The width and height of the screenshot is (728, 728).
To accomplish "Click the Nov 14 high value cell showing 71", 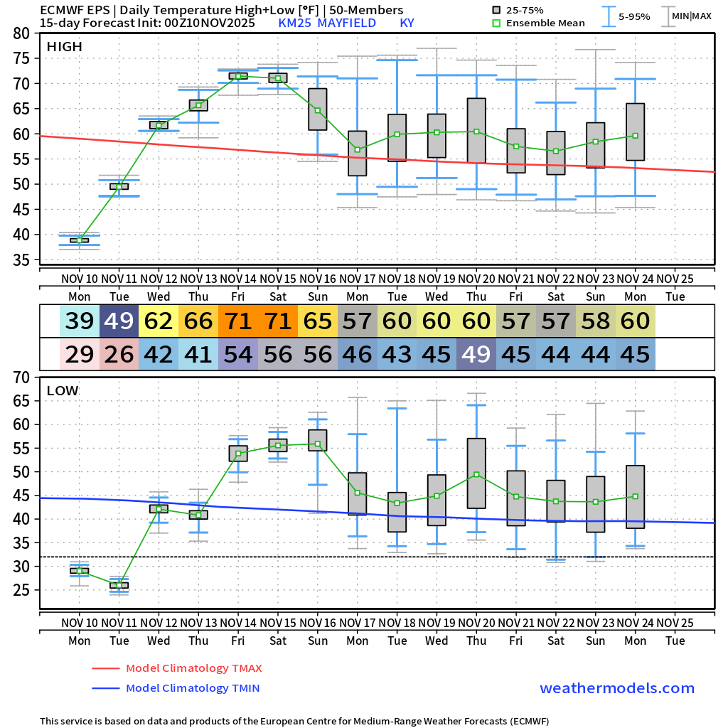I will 238,321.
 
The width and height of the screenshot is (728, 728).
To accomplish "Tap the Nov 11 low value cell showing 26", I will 119,354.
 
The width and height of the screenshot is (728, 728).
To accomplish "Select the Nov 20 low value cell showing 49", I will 476,354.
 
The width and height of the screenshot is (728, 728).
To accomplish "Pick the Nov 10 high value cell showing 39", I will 80,321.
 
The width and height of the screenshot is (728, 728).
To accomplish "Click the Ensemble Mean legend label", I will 546,23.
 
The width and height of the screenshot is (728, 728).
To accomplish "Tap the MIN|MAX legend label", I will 691,16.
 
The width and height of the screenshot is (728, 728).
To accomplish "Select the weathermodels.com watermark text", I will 616,688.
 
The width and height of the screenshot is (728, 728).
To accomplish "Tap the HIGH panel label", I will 64,47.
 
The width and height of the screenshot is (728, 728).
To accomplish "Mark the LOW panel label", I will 63,390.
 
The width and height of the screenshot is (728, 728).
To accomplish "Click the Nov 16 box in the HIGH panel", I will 318,109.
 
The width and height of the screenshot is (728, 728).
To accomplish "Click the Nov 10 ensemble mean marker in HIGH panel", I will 80,240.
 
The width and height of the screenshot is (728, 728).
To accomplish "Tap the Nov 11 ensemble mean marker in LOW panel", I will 119,585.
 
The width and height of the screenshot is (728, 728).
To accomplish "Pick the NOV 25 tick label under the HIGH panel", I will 675,278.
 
